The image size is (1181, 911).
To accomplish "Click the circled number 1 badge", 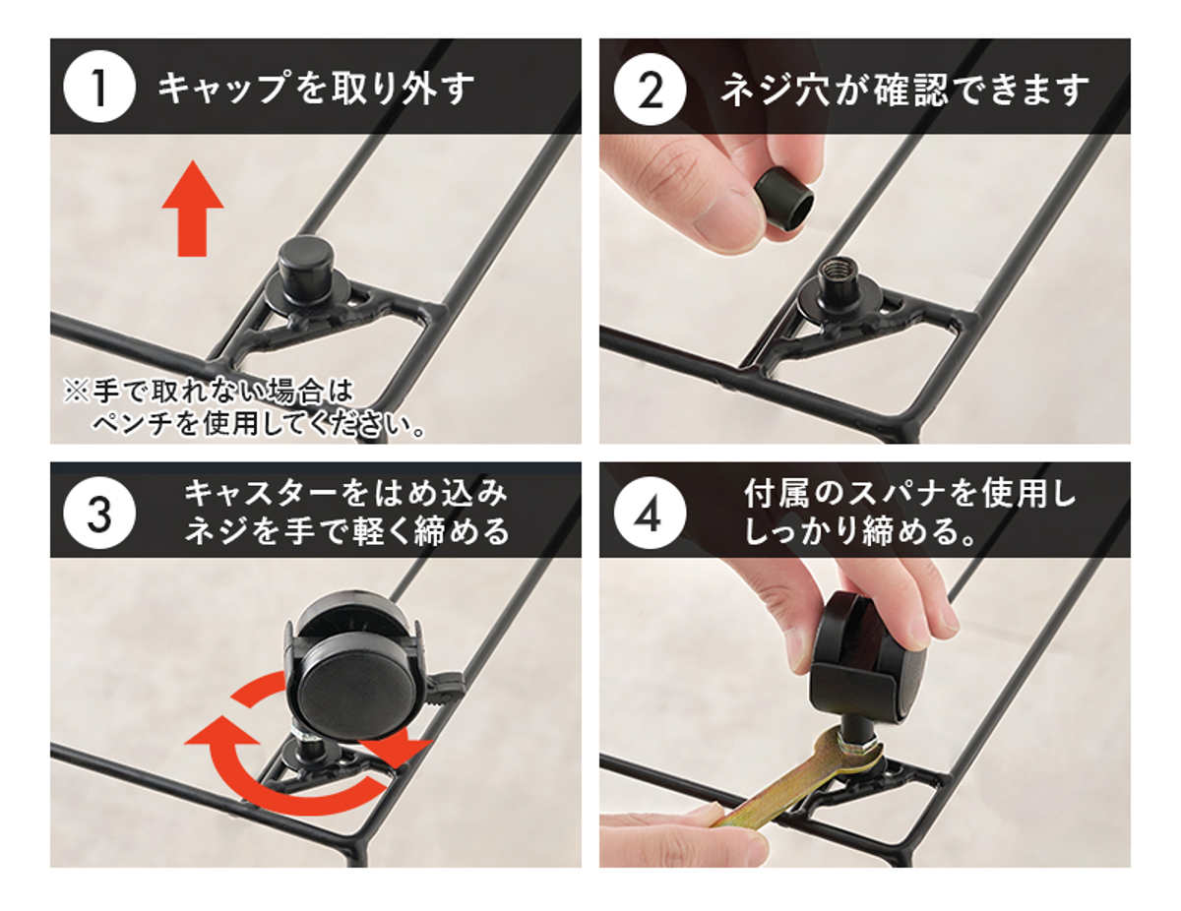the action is [99, 87].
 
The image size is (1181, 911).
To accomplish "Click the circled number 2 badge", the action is [649, 90].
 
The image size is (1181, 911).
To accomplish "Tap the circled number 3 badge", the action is [99, 513].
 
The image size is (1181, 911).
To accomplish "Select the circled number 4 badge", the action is [649, 513].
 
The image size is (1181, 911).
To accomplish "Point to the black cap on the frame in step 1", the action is [304, 269].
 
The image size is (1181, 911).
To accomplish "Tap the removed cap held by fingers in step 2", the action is [783, 198].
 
